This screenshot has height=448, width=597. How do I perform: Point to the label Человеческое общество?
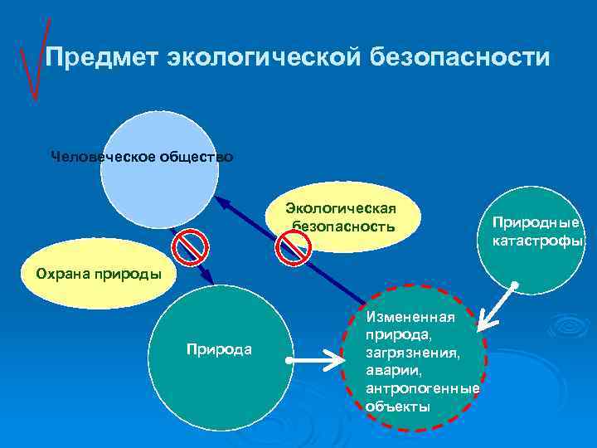(142, 156)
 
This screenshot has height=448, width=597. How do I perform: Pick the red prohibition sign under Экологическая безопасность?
(293, 247)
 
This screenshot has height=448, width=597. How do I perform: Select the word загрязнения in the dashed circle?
(406, 351)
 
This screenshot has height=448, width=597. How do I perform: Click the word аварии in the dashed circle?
(389, 369)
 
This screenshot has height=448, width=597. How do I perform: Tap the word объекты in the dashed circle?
(397, 407)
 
